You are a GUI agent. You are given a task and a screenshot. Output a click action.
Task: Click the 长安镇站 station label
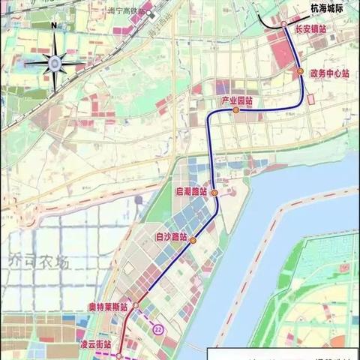[309, 29]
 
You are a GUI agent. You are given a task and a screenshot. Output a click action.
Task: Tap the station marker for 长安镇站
[284, 25]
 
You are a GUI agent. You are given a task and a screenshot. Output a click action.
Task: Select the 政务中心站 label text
[329, 73]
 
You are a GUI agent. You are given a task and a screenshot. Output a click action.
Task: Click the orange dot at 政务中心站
[300, 71]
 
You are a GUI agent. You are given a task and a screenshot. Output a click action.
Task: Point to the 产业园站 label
[234, 100]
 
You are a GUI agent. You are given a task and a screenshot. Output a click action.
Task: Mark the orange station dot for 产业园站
[235, 110]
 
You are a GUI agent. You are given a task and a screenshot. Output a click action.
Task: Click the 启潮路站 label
[193, 192]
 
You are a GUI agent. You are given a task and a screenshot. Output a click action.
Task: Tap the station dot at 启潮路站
[214, 193]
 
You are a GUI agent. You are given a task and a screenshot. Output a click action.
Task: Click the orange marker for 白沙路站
[193, 241]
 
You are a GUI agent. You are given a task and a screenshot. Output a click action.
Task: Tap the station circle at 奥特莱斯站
[136, 306]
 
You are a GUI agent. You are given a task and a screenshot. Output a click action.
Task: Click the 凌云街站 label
[95, 344]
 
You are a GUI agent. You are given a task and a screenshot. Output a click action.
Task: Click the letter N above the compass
[53, 25]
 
